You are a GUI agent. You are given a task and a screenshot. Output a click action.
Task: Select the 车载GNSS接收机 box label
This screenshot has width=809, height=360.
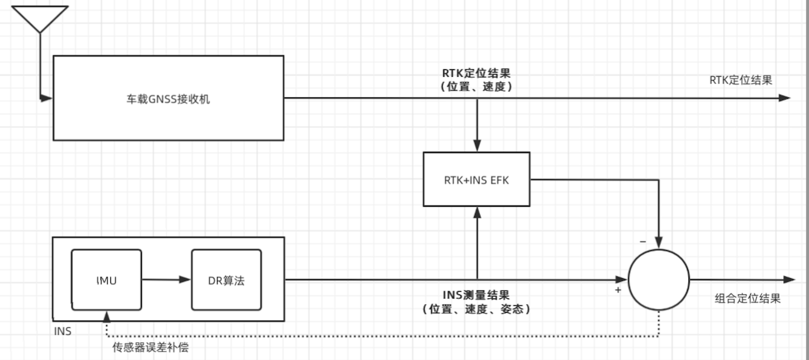(168, 99)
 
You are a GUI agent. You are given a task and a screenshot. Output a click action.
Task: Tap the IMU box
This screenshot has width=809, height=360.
(106, 280)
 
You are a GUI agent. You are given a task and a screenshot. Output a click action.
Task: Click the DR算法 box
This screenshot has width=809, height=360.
(226, 280)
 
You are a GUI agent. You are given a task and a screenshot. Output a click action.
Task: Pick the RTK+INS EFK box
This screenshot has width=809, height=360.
(476, 180)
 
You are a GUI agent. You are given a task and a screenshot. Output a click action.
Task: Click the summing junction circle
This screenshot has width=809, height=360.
(659, 280)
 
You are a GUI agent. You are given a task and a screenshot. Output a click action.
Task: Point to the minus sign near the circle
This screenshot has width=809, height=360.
(643, 242)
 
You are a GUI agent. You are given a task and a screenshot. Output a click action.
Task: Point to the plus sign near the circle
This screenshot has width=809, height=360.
(618, 290)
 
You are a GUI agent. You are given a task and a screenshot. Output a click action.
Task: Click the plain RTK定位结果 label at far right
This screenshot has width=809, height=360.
(741, 80)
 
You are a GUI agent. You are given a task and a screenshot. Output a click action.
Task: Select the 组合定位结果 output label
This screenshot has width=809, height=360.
(747, 298)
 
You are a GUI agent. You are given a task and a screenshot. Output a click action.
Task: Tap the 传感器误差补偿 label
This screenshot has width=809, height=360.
(150, 347)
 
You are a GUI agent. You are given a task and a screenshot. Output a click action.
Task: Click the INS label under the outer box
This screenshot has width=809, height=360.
(63, 331)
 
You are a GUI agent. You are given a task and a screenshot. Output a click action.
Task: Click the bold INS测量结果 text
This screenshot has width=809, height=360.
(476, 295)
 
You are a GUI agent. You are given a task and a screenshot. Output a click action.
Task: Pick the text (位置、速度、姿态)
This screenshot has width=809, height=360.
(476, 309)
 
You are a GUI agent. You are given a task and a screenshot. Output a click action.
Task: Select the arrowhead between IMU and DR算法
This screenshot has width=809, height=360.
(184, 280)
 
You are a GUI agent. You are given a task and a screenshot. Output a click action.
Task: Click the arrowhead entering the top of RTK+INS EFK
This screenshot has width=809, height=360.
(477, 146)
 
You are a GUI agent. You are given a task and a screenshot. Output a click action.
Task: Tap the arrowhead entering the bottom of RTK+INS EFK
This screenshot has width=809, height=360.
(477, 213)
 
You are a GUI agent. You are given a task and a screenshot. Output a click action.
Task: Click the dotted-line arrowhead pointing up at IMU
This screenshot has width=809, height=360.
(106, 317)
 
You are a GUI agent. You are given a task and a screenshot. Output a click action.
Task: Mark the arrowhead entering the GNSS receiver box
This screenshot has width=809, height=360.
(46, 98)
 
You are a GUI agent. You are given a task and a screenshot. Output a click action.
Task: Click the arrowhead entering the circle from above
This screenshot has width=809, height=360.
(659, 243)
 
